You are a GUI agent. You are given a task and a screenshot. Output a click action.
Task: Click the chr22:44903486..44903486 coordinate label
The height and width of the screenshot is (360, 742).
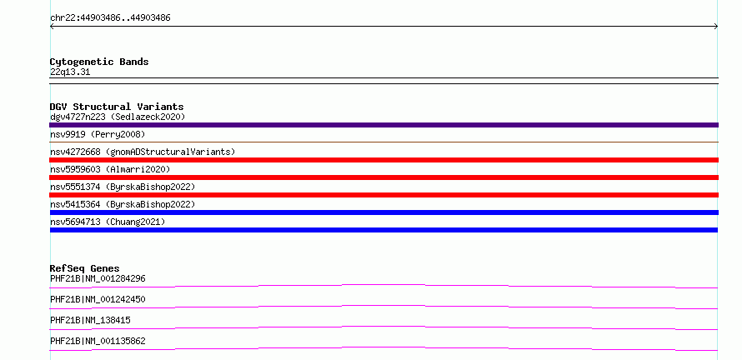coord(110,18)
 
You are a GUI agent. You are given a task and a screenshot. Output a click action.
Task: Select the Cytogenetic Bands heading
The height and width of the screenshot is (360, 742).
coord(99,62)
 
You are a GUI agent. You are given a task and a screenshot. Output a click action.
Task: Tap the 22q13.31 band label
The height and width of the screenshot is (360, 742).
coord(70,72)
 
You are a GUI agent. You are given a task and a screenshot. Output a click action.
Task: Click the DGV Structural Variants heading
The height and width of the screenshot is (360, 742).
coord(117,107)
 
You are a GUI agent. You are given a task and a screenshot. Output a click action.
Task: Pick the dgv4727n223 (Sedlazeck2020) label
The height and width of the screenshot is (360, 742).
coord(118,117)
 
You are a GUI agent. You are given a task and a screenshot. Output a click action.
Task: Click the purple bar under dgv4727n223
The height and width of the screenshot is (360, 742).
coord(384,125)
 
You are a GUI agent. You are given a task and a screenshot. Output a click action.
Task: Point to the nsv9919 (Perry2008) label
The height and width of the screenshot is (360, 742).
coord(98,134)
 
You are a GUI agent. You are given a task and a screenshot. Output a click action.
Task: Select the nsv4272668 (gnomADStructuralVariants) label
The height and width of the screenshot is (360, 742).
coord(143,152)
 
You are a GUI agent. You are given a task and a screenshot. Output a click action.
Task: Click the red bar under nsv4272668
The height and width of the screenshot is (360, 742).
coord(384,160)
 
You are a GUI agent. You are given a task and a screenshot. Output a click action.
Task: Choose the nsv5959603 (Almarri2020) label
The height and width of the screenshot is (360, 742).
coord(110,169)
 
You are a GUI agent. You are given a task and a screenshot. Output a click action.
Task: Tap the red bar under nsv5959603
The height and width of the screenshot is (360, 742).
coord(384,177)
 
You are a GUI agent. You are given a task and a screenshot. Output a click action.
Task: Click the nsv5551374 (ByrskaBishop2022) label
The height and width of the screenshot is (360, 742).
coord(123,187)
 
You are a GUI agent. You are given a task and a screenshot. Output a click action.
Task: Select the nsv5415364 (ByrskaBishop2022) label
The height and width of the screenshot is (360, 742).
coord(123,204)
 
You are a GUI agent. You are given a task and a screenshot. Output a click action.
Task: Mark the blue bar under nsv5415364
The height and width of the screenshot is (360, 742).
coord(384,212)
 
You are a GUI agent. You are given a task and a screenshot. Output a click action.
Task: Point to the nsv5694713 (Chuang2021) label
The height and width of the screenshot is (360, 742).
coord(108,222)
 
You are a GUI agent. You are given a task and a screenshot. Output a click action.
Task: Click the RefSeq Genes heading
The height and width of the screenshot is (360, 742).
coord(85,268)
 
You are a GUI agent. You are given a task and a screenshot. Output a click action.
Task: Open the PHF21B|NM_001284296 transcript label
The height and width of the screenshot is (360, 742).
coord(98,278)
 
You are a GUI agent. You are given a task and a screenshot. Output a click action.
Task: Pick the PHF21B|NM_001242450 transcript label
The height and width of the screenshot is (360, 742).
coord(98,299)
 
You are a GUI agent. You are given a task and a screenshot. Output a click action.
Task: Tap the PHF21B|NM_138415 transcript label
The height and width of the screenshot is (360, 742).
coord(90,320)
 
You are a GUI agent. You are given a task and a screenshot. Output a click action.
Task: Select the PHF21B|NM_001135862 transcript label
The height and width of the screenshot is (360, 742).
coord(98,341)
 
